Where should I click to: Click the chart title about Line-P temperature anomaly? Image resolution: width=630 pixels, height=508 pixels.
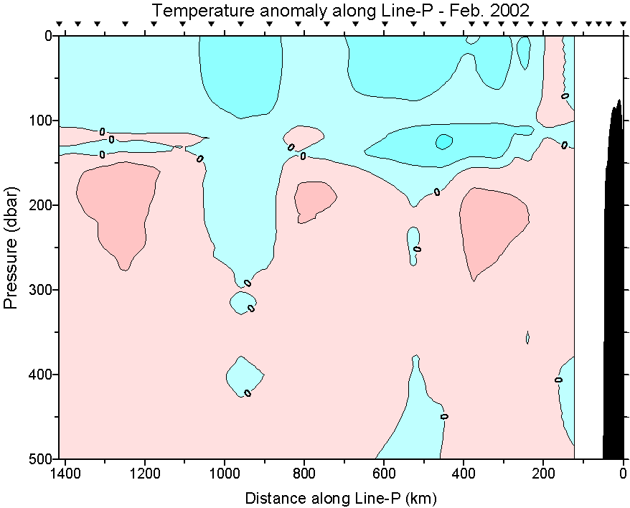click(341, 10)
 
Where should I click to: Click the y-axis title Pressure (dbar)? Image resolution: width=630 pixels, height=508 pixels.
click(10, 247)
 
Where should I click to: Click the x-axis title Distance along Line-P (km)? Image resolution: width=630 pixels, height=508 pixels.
click(341, 497)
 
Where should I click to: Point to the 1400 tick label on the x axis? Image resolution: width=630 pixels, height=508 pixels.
click(66, 474)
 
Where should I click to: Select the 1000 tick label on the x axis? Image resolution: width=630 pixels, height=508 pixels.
click(225, 474)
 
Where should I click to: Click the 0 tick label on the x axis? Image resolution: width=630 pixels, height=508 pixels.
click(622, 474)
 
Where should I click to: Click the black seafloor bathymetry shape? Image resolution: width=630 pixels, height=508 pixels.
click(614, 287)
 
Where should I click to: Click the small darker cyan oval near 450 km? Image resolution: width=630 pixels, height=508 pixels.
click(443, 141)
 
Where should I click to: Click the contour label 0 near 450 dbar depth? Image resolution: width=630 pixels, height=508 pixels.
click(444, 416)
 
